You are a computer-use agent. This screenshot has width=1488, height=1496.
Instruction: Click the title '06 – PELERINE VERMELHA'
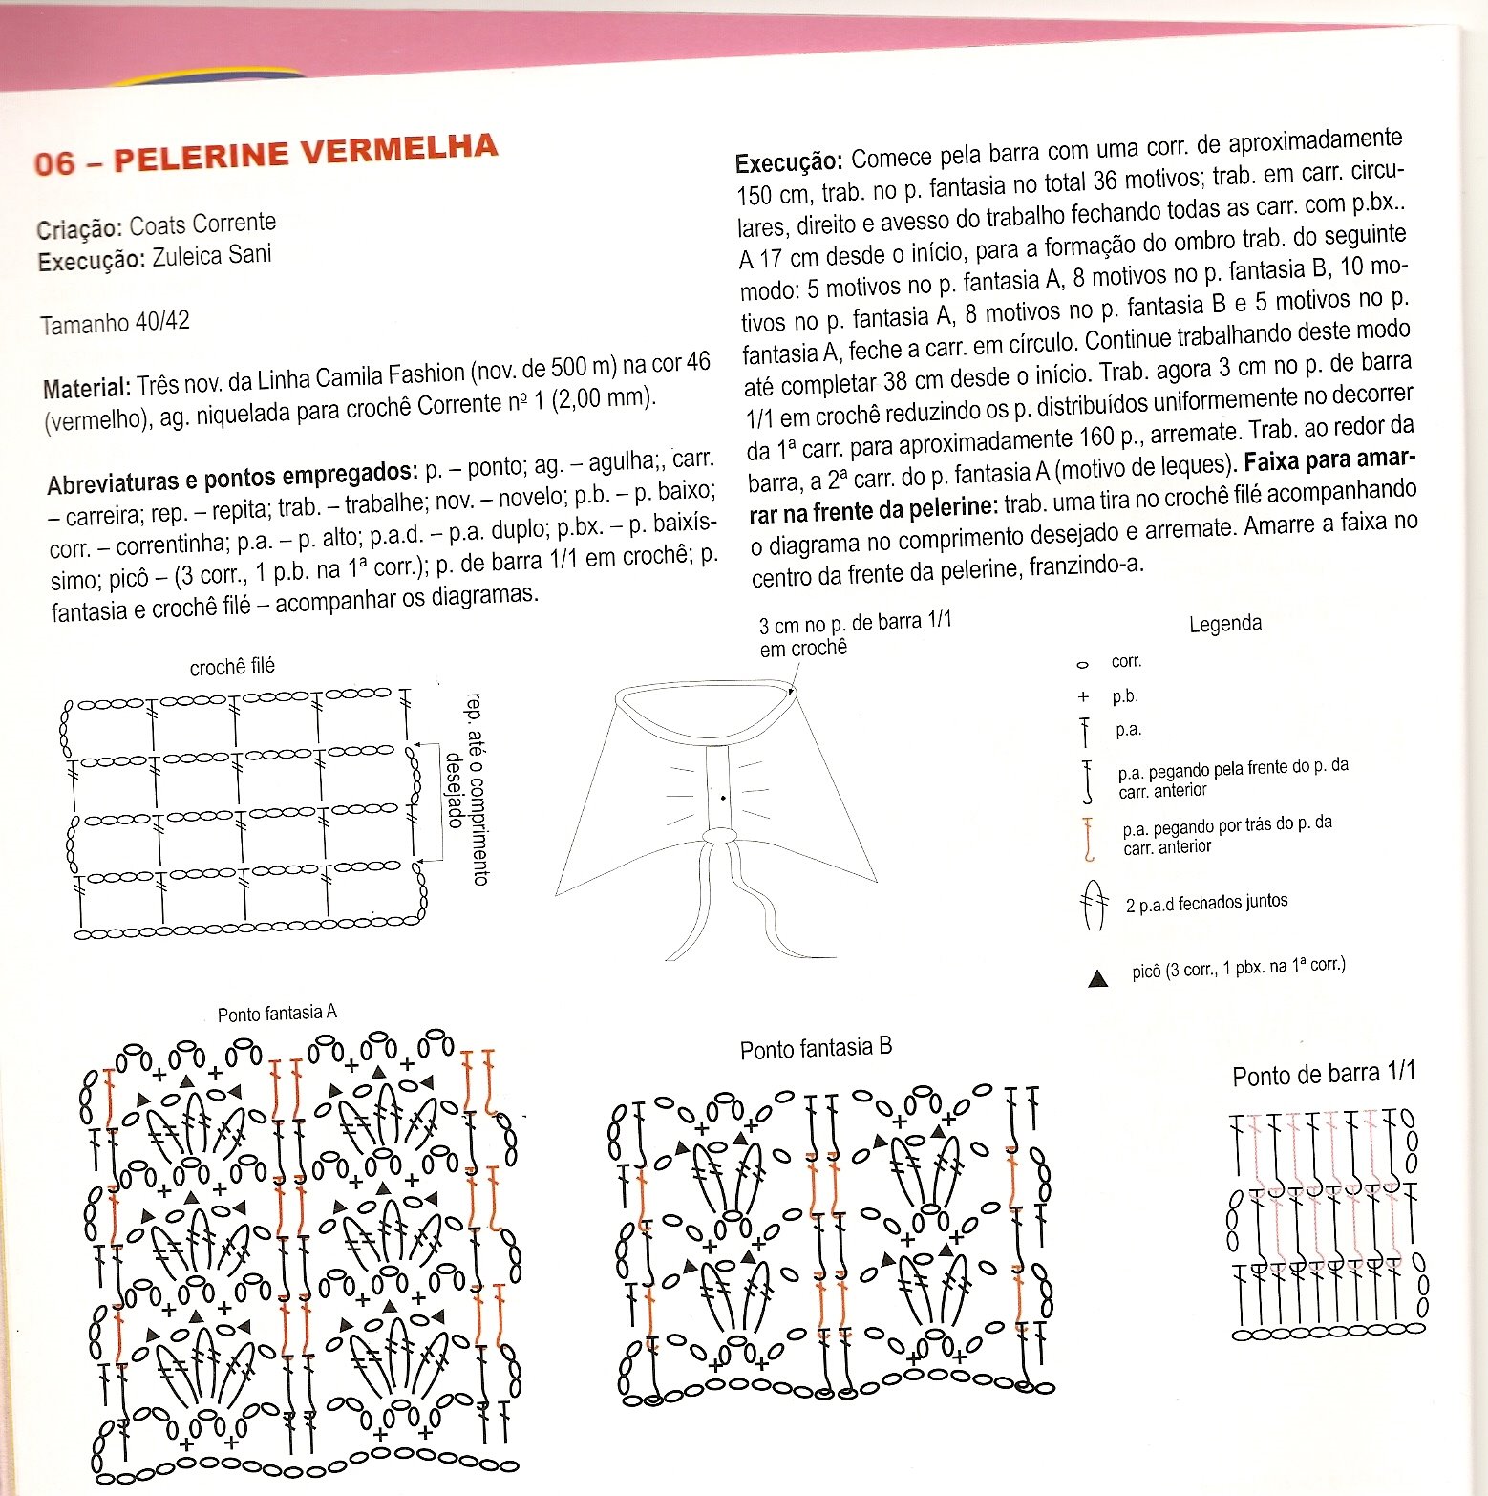[266, 155]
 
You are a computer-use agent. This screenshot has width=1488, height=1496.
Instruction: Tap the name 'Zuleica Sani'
[211, 256]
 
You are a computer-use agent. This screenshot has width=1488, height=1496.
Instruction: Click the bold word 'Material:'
[86, 388]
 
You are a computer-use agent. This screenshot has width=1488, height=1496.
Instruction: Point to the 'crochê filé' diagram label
[232, 667]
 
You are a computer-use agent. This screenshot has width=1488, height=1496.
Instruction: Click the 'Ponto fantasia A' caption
[277, 1014]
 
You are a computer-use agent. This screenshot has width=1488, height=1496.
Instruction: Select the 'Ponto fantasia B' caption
[816, 1049]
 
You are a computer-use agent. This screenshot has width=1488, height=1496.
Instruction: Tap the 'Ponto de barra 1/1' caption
[1323, 1075]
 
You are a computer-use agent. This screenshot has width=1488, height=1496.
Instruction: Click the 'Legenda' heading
[1224, 624]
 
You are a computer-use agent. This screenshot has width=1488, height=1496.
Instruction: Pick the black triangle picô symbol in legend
[1097, 978]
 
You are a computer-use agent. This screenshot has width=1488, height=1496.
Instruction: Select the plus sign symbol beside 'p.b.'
[1083, 697]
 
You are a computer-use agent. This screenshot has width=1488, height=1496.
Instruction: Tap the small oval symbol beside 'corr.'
[1082, 664]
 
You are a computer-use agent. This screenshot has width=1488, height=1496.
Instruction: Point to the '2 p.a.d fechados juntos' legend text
[1206, 903]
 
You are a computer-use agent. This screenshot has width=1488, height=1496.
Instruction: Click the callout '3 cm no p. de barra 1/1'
[854, 634]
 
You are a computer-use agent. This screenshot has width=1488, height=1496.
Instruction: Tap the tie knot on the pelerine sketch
[719, 836]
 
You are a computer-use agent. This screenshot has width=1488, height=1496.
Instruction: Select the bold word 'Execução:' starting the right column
[789, 161]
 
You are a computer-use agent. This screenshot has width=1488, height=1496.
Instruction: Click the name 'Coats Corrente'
[202, 224]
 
